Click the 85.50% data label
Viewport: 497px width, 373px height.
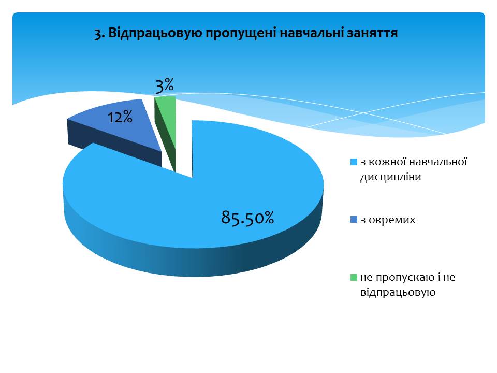pos(247,218)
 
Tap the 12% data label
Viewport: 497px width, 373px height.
pos(120,118)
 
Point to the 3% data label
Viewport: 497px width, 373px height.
pos(165,85)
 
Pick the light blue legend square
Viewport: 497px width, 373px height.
pos(354,162)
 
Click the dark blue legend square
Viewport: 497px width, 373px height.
pos(354,220)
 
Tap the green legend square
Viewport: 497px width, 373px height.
pos(354,278)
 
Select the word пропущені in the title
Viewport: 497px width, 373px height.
pos(241,34)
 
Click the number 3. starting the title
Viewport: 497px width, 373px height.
pos(99,34)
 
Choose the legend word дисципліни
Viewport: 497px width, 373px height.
pos(390,177)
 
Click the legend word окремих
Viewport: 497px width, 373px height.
pos(392,220)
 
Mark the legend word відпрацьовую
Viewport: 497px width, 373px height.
pos(398,292)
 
